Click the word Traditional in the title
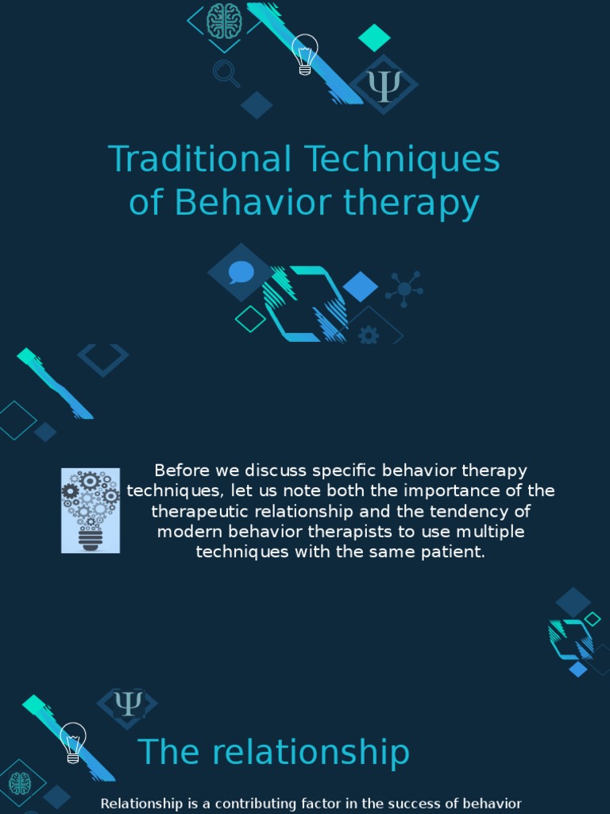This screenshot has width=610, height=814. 199,159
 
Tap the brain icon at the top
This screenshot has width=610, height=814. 224,21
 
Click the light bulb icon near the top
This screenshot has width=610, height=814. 304,54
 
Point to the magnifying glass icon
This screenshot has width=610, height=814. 226,74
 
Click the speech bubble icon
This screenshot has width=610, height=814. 241,273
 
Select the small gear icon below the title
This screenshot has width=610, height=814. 369,335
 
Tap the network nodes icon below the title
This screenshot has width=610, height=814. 404,289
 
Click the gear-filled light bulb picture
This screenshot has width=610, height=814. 91,510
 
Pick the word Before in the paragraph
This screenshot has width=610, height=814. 180,471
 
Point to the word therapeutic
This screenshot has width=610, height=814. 201,511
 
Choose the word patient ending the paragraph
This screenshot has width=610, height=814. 455,552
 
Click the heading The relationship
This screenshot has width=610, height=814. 274,752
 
